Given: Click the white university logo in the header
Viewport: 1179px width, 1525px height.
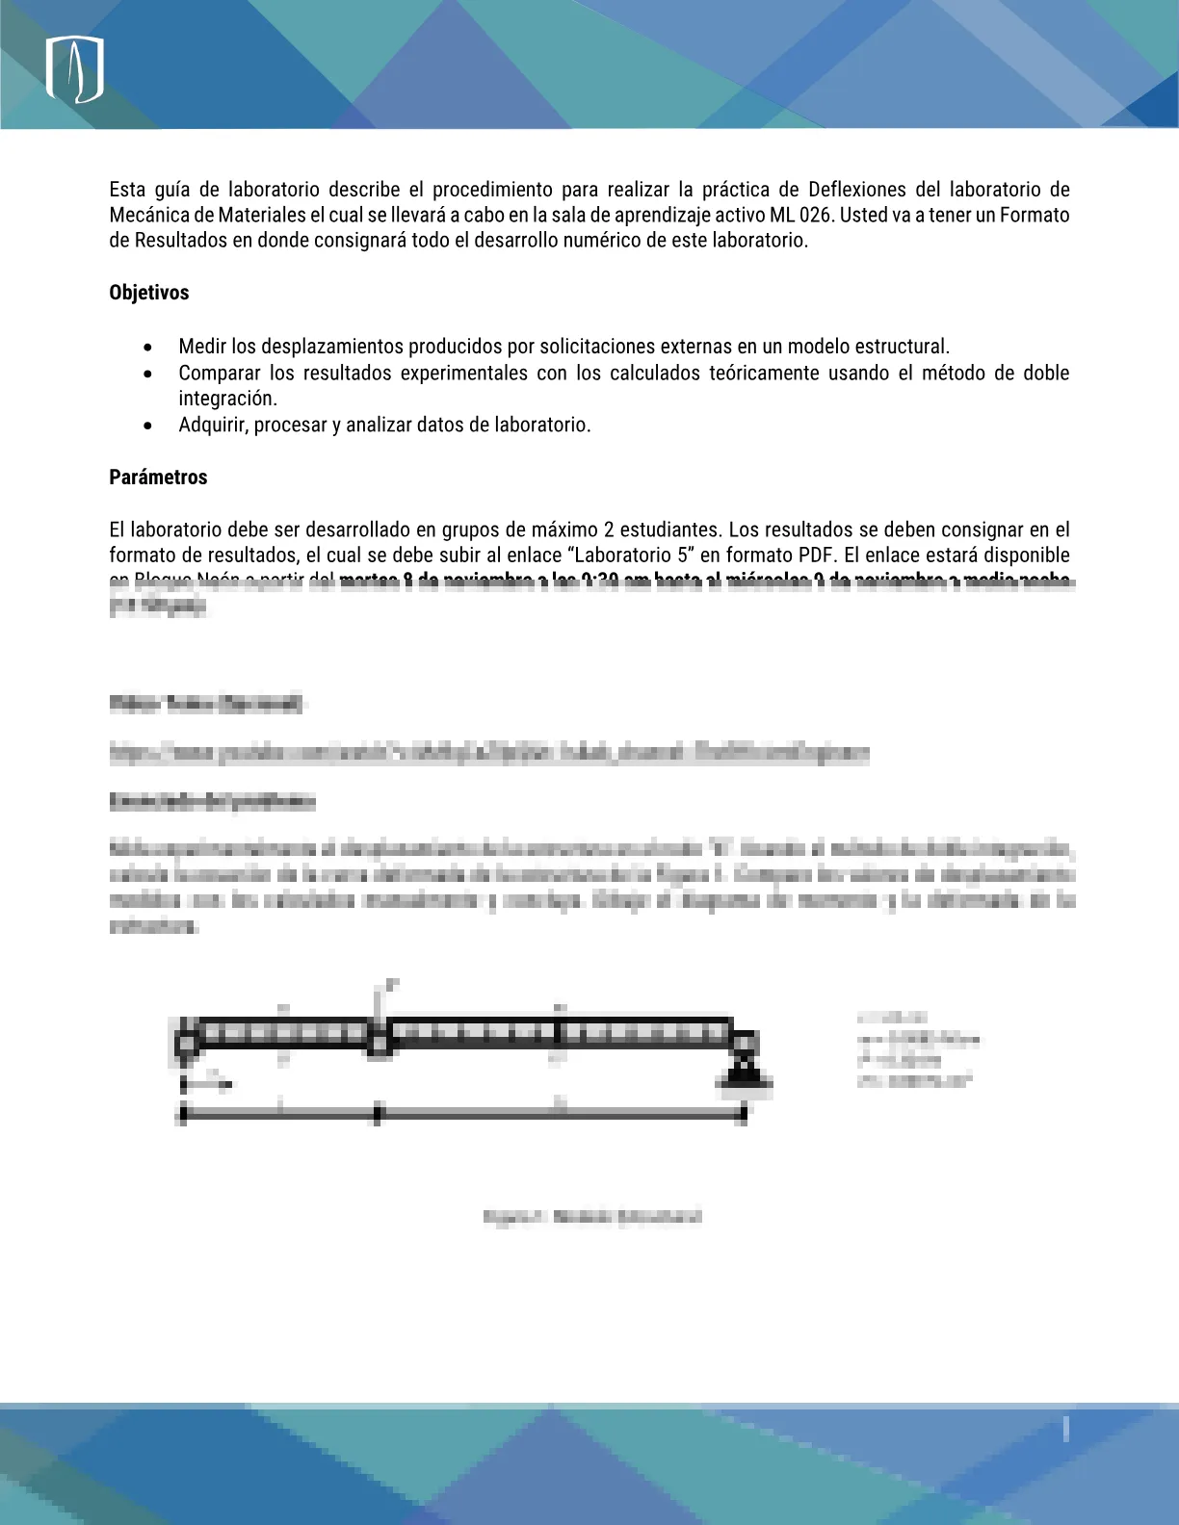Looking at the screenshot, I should click(x=75, y=70).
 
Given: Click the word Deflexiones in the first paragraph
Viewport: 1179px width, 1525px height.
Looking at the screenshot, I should click(x=857, y=190).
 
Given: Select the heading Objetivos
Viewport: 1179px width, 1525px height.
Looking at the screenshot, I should click(x=149, y=293).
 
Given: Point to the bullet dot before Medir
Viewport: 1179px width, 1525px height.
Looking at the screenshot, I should click(x=147, y=347).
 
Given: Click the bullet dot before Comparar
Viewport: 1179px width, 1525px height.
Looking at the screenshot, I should click(x=147, y=374).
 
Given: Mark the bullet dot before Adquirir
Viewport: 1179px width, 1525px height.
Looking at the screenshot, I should click(x=147, y=426).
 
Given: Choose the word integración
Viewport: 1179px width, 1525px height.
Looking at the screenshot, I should click(x=227, y=399).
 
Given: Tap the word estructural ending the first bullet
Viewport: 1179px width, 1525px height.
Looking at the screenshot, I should click(x=901, y=347).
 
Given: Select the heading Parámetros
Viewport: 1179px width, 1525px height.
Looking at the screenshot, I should click(x=158, y=478).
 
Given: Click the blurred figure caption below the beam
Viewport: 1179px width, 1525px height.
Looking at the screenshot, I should click(x=592, y=1217).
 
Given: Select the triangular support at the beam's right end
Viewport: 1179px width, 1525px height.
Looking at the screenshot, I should click(x=744, y=1072).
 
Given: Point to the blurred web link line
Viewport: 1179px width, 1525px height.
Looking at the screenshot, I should click(x=489, y=753).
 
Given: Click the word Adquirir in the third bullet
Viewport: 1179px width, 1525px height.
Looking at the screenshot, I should click(x=212, y=425).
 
